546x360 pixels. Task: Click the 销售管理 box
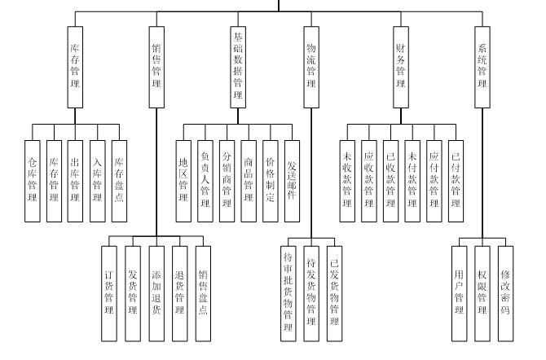point(157,67)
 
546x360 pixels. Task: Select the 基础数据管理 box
point(238,67)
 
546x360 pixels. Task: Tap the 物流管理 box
point(310,67)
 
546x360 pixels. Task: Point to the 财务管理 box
point(400,67)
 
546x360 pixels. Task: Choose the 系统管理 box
point(482,67)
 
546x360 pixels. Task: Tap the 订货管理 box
point(111,292)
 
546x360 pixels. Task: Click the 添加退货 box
point(157,292)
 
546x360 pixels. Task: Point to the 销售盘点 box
point(204,292)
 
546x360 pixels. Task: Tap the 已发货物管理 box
point(333,292)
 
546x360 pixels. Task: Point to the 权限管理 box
point(482,292)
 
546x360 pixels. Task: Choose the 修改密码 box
point(505,292)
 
